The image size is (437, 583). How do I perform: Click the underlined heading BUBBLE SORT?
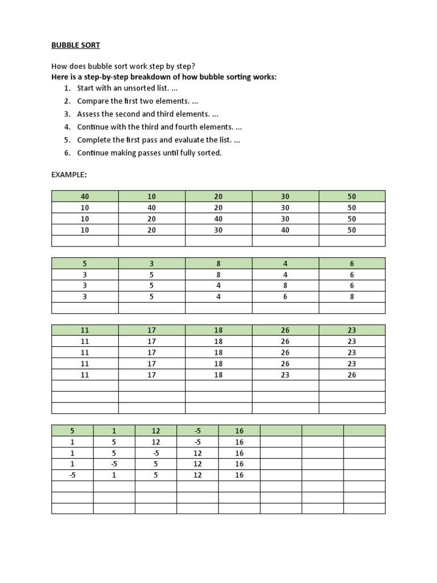click(76, 44)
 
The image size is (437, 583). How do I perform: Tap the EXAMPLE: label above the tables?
click(69, 174)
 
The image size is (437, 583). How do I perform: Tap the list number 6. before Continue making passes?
click(67, 153)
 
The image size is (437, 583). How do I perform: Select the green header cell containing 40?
click(85, 196)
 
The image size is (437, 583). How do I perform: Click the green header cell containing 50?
click(352, 196)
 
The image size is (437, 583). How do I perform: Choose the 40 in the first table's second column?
click(151, 208)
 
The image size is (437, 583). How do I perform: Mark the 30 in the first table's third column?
click(218, 230)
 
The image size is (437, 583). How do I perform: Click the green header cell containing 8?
click(218, 264)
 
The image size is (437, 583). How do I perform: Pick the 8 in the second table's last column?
click(352, 297)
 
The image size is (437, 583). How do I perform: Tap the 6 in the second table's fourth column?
click(285, 297)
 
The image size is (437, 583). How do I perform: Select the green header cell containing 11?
click(85, 330)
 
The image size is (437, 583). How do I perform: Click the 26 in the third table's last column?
click(352, 375)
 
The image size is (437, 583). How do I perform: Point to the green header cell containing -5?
click(197, 430)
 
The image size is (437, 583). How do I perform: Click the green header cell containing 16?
click(239, 430)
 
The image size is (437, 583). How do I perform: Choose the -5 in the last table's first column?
click(72, 475)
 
